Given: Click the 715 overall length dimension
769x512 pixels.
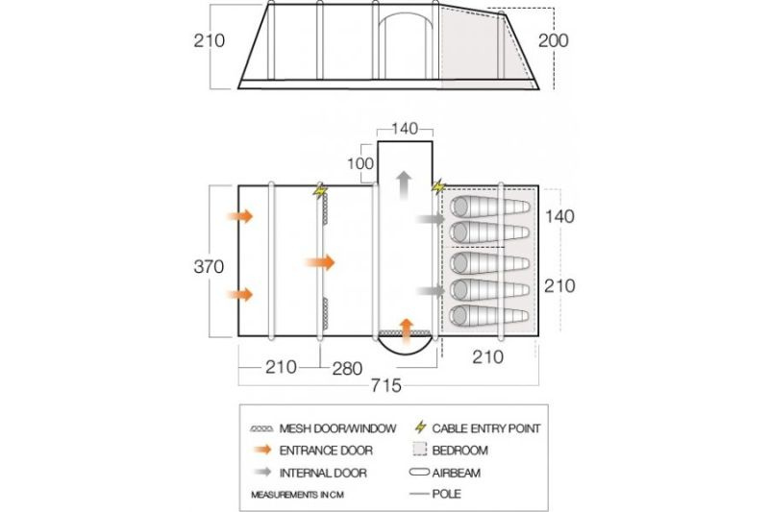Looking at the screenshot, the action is click(386, 385).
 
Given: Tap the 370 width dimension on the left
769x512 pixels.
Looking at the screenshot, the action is click(209, 266).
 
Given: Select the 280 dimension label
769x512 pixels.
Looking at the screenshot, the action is click(347, 369).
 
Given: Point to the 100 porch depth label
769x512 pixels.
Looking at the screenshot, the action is click(360, 163).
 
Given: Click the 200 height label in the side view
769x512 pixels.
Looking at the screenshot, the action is click(554, 40).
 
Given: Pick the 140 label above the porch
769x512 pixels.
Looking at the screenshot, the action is click(405, 129).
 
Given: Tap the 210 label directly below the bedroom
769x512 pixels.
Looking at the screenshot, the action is click(488, 357).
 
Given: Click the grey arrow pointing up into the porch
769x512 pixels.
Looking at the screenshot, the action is click(404, 185).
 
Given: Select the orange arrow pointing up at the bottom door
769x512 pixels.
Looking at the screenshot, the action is click(406, 331).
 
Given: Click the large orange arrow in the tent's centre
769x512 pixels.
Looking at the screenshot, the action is click(320, 262).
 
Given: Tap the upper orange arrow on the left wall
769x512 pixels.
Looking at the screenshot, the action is click(239, 216).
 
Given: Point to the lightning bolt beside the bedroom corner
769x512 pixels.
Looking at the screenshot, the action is click(438, 186).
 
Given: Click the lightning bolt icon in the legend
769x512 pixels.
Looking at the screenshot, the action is click(420, 427).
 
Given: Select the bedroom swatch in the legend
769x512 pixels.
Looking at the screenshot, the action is click(420, 450).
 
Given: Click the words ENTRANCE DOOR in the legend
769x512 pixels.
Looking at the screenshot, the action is click(326, 451).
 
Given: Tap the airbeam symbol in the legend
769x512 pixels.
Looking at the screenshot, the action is click(419, 473).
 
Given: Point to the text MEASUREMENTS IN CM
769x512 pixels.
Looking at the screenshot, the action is click(297, 495).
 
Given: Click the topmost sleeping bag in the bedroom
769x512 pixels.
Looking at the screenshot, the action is click(490, 207).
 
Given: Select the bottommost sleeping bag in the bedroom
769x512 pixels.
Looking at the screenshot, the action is click(490, 315).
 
